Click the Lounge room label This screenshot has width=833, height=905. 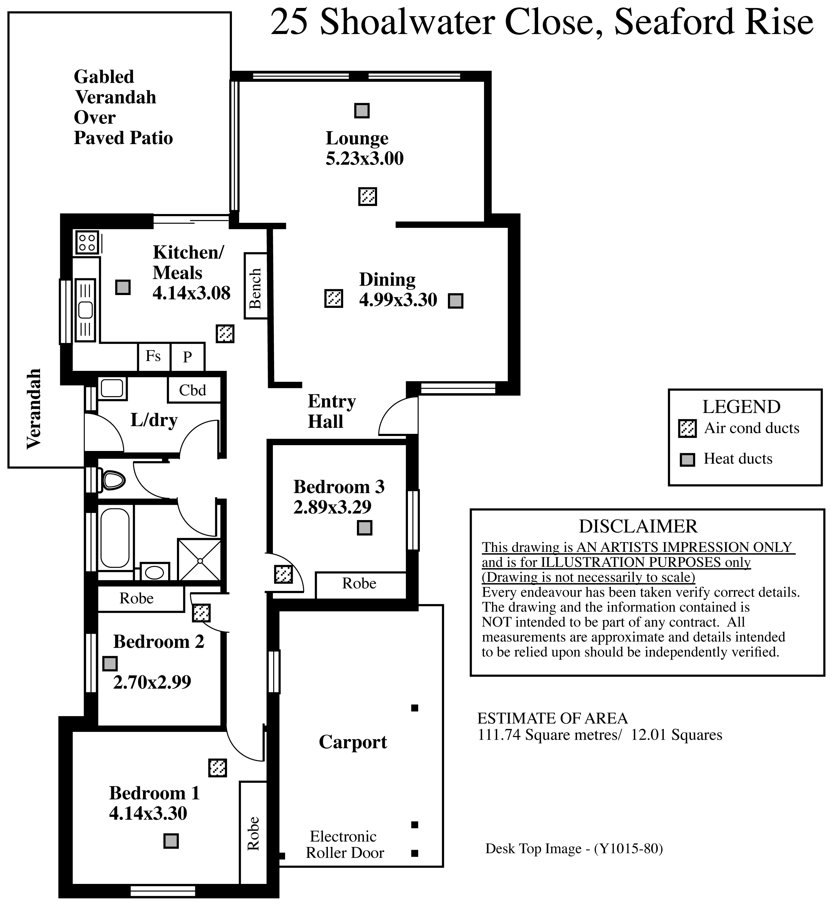[357, 139]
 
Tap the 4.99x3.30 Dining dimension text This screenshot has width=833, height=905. [398, 300]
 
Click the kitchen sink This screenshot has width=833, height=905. [85, 310]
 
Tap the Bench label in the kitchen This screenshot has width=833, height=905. [255, 286]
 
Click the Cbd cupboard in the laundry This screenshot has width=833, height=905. [194, 390]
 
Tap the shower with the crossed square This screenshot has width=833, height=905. [200, 560]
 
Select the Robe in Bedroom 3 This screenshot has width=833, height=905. [360, 585]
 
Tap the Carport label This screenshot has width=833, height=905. [353, 742]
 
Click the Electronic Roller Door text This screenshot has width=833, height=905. [344, 844]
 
